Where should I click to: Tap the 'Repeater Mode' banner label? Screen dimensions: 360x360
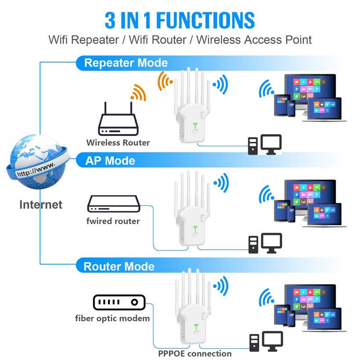(x=126, y=63)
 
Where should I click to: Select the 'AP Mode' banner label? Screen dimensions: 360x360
(x=110, y=161)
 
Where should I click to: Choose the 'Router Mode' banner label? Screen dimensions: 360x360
(x=119, y=266)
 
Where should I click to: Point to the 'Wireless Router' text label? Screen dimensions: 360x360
(x=118, y=143)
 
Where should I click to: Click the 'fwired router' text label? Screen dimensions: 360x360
(x=113, y=221)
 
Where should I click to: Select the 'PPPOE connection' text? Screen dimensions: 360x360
(x=195, y=353)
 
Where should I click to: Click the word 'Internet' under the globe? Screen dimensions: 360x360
(x=40, y=205)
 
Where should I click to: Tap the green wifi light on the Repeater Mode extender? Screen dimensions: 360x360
(x=196, y=126)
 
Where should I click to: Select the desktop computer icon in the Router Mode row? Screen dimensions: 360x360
(x=266, y=342)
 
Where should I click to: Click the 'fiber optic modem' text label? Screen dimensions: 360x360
(x=112, y=319)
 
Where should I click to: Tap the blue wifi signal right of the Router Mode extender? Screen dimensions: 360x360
(x=221, y=285)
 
